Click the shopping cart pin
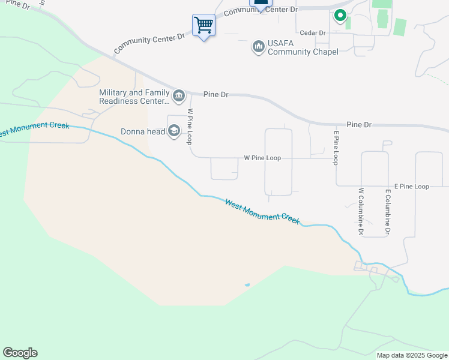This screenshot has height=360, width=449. click(x=203, y=25)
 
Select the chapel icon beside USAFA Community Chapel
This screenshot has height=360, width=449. click(x=259, y=46)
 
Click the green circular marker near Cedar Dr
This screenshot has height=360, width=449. click(x=340, y=16)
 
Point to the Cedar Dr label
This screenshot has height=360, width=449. click(x=312, y=33)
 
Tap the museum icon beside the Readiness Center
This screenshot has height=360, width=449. click(x=179, y=96)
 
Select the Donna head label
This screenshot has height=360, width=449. click(x=142, y=131)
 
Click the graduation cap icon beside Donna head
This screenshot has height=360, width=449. click(x=174, y=131)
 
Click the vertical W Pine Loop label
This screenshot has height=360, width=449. click(x=190, y=127)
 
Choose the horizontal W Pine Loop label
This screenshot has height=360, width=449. click(x=262, y=158)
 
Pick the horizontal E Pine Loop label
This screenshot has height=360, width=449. click(x=411, y=187)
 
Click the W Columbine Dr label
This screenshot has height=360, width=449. click(x=361, y=211)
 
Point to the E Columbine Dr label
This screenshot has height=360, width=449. click(x=388, y=212)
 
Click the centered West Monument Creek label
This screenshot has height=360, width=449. click(x=262, y=212)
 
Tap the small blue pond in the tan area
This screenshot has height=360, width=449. click(x=247, y=284)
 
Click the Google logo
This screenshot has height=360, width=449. click(x=20, y=353)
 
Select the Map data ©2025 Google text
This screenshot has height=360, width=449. click(x=412, y=355)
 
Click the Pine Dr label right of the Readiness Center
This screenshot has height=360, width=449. click(x=216, y=94)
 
